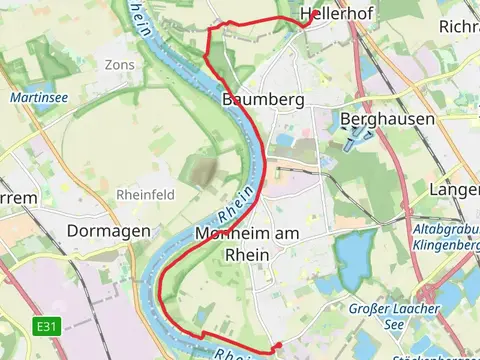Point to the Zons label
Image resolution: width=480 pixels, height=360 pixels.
[x=119, y=65]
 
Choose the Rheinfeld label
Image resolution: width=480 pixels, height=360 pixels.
[x=146, y=194]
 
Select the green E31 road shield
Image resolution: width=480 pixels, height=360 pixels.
[x=44, y=326]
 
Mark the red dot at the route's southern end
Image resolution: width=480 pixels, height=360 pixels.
[x=277, y=346]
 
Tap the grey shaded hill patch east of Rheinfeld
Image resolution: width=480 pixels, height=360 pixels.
[x=204, y=170]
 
